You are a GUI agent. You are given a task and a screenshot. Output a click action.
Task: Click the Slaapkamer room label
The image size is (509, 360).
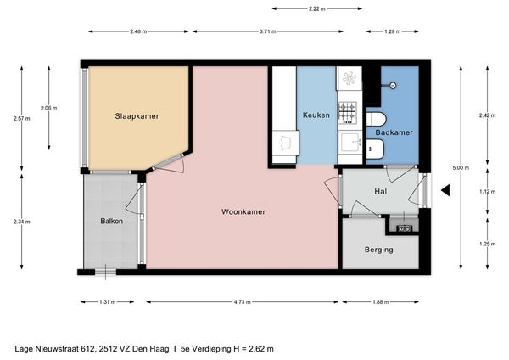point(137,116)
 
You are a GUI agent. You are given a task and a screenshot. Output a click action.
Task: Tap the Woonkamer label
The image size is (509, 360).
point(243,212)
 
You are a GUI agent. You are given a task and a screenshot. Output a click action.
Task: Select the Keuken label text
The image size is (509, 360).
point(316,115)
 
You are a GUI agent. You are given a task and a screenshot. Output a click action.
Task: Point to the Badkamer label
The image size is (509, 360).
point(394,132)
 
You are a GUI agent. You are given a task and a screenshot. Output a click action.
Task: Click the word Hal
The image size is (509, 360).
point(380,191)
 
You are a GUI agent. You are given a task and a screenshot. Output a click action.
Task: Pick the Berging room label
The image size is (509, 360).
point(379,250)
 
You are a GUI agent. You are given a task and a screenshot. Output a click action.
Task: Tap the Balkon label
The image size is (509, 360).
point(112,222)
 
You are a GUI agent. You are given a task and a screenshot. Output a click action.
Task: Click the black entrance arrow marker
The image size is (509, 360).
point(445,190)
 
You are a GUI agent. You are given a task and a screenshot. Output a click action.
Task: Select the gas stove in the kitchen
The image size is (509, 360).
point(348,113)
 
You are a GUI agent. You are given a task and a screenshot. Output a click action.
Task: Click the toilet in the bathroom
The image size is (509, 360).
point(376,119)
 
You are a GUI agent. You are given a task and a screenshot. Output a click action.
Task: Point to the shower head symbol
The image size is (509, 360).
point(393,86)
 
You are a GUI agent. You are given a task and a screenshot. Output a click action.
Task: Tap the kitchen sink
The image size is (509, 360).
point(350,143)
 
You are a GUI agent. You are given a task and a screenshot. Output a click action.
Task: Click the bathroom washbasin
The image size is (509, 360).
point(375,149)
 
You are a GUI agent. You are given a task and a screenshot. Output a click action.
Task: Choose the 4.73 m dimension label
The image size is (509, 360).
point(242,302)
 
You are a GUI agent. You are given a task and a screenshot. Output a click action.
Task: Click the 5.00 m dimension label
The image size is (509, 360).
point(461,168)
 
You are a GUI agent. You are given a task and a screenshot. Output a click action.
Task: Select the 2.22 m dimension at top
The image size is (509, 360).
point(316,8)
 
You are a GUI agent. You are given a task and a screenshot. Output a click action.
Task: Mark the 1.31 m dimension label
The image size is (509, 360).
point(108,302)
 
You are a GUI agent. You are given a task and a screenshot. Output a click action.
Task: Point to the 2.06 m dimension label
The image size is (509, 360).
point(48,108)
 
